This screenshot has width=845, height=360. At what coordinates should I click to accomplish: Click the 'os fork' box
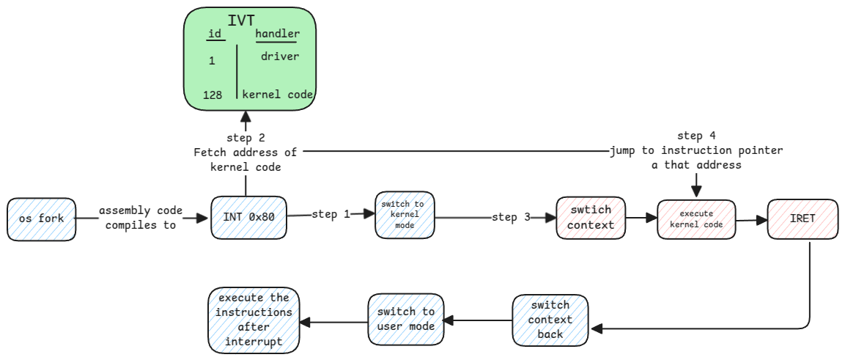pos(42,218)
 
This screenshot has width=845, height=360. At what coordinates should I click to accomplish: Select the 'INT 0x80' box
pos(248,218)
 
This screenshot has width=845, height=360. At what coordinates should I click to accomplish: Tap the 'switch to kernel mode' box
pos(405,214)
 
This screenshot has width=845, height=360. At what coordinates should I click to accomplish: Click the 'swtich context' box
pos(591,218)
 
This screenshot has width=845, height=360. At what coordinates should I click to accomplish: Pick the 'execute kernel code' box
pos(696,218)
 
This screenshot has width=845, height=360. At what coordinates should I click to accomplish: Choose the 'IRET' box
pos(802,218)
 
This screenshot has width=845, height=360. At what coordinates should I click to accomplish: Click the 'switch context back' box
pos(550,320)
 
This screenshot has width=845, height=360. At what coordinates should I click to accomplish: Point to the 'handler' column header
pos(276,34)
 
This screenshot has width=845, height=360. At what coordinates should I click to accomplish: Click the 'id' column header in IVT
pos(215,34)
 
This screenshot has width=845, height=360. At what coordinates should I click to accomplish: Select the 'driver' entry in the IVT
pos(279,56)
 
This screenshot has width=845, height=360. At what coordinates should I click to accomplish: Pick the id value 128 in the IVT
pos(213,95)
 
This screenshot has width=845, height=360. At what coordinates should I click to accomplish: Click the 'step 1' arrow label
pos(330,214)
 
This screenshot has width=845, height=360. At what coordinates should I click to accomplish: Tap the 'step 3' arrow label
pos(510,218)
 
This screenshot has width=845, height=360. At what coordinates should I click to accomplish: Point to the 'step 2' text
pos(245,137)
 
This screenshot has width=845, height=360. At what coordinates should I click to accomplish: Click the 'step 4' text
pos(696,136)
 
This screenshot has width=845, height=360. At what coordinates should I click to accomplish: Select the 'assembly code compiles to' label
pos(141,218)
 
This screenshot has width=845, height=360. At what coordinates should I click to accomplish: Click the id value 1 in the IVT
pos(212,61)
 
